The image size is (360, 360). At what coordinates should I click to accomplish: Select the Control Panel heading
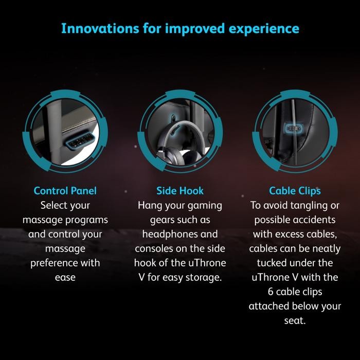pyautogui.click(x=65, y=191)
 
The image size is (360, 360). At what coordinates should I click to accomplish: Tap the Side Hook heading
pyautogui.click(x=180, y=191)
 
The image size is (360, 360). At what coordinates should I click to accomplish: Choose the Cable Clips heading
pyautogui.click(x=295, y=191)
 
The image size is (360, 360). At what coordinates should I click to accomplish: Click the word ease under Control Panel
pyautogui.click(x=65, y=277)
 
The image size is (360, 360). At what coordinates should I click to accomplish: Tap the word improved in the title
pyautogui.click(x=188, y=29)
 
